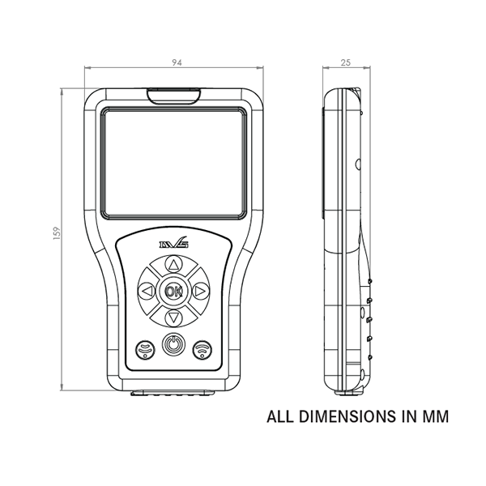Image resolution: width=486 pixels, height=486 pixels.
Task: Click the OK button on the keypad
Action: [173, 290]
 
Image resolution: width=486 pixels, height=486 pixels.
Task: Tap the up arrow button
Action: [173, 264]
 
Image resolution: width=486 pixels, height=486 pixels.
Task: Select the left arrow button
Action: [147, 290]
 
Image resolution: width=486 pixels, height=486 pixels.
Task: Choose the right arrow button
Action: [199, 290]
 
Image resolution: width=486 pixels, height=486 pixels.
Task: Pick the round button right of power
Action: [202, 348]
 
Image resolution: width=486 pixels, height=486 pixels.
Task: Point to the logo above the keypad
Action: [172, 241]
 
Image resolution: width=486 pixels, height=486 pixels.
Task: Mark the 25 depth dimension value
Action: [344, 61]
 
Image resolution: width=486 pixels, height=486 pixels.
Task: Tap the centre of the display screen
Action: [173, 164]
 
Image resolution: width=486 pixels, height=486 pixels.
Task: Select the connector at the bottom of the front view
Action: [173, 394]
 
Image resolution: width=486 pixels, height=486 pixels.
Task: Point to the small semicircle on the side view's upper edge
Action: [358, 164]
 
